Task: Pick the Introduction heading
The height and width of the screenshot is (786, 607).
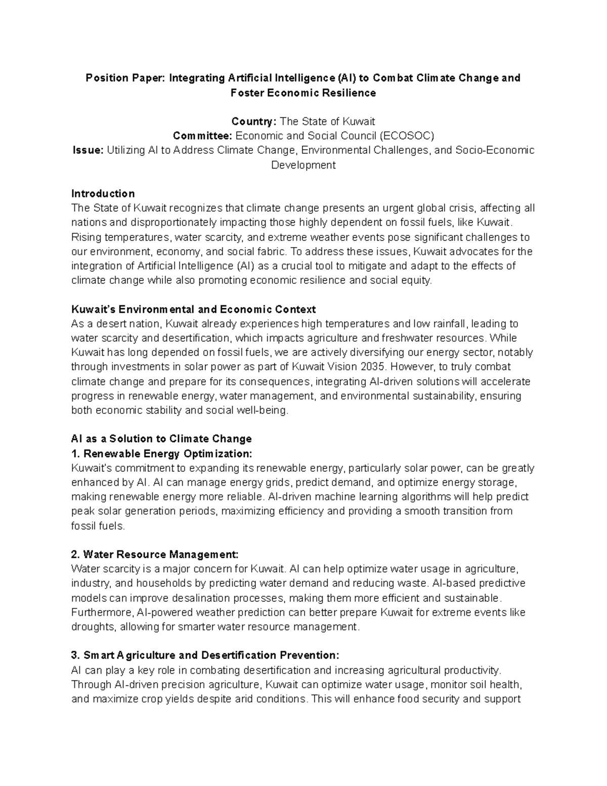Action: (103, 193)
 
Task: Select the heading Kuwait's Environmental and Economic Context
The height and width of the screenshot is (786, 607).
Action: (194, 309)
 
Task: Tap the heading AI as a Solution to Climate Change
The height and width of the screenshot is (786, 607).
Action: (161, 439)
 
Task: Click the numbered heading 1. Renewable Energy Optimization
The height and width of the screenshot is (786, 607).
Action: (161, 453)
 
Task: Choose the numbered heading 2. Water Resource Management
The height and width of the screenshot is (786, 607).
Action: (155, 554)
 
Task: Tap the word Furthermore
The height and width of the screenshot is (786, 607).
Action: (103, 612)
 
